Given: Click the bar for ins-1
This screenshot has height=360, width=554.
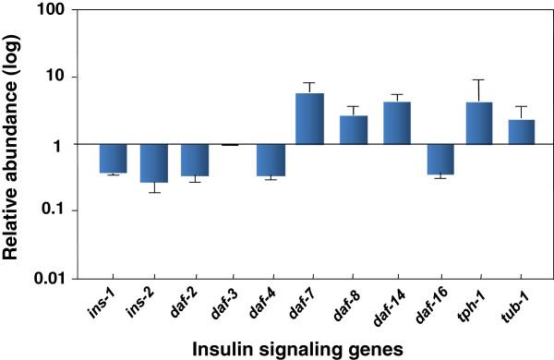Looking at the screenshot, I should click(113, 158).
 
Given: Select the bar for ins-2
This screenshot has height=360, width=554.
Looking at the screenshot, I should click(153, 162).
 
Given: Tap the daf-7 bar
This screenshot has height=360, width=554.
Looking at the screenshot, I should click(310, 119).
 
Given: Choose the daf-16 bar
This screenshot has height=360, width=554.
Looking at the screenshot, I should click(439, 159).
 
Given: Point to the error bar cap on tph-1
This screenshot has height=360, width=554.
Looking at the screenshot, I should click(479, 79).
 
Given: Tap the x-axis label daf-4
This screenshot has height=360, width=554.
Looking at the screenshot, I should click(268, 300).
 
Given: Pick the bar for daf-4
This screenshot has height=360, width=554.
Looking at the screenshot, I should click(271, 160).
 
